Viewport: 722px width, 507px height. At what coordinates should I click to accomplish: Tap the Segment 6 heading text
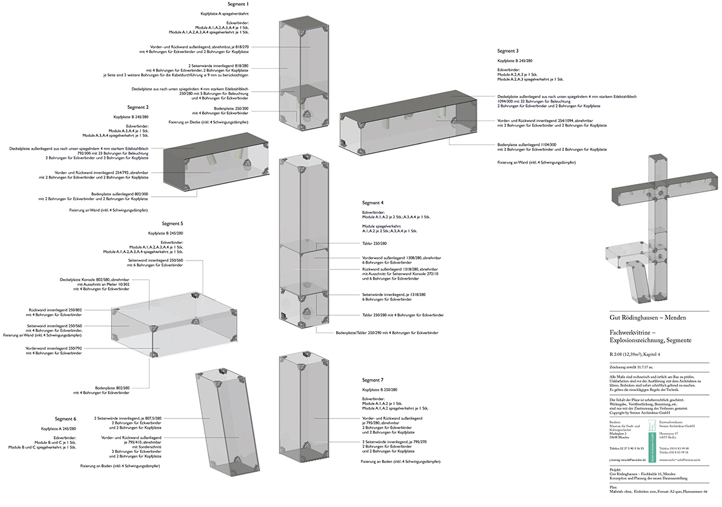coord(66,418)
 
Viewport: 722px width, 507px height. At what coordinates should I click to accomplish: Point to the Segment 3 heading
coord(508,50)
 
